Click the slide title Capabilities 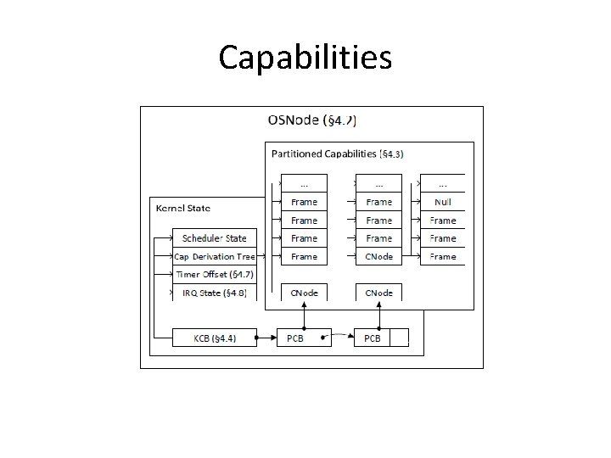(x=305, y=58)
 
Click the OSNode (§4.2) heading (x=311, y=120)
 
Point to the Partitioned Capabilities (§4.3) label (x=338, y=154)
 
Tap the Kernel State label (x=182, y=208)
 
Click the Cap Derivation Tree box (x=214, y=256)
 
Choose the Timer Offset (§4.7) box (x=214, y=274)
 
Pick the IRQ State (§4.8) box (x=214, y=293)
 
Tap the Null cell (x=442, y=203)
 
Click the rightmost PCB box (x=373, y=338)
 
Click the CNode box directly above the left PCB (x=304, y=293)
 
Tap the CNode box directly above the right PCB (x=378, y=293)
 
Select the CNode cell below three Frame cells (x=378, y=256)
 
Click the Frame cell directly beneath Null (x=442, y=221)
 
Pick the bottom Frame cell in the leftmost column (x=304, y=256)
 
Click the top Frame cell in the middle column (x=378, y=203)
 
